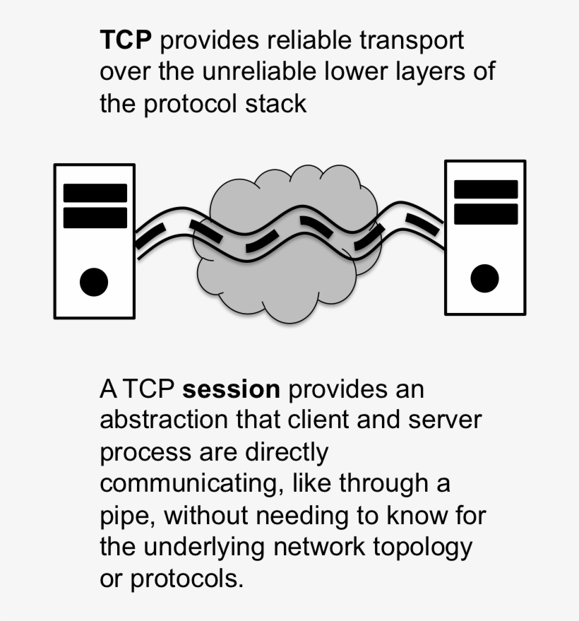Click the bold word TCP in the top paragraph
pos(126,40)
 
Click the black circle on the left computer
pos(94,281)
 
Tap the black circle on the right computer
pos(484,277)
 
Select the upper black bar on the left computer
pos(95,193)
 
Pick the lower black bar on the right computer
pos(485,213)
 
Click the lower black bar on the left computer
pos(95,217)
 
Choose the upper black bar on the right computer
pos(485,189)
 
